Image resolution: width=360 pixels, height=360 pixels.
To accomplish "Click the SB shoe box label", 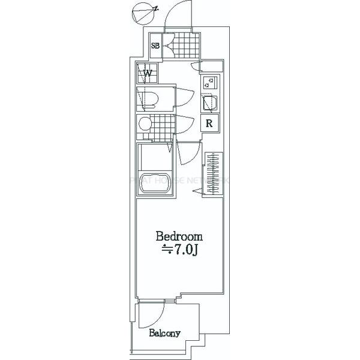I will click(155, 44).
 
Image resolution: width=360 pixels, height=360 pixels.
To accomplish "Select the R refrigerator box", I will click(210, 124).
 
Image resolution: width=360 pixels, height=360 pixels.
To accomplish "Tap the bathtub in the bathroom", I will click(155, 184).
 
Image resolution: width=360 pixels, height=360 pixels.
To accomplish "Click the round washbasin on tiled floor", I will click(145, 125).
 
